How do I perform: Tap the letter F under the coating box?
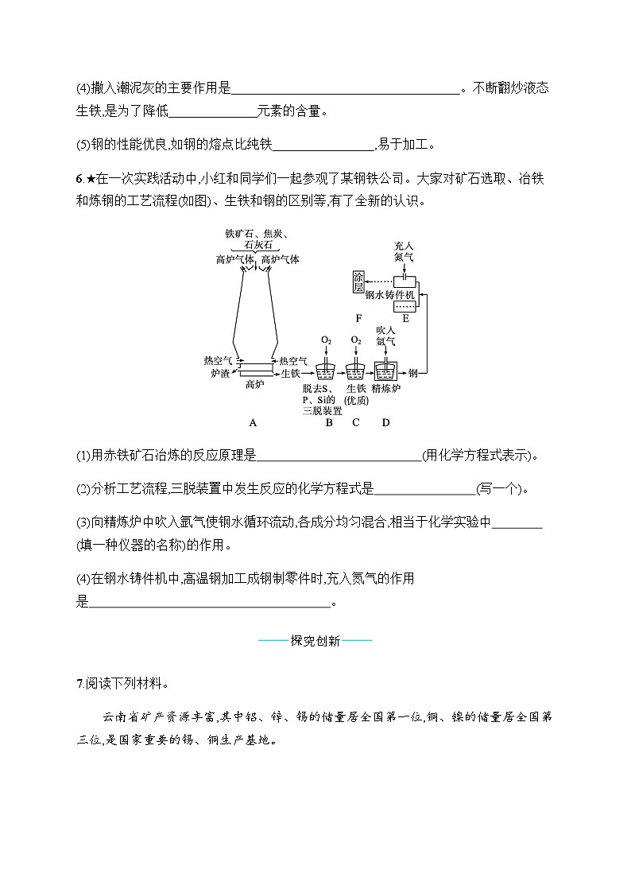tap(359, 319)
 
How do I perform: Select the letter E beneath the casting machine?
tap(405, 319)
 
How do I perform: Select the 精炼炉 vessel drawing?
tap(385, 371)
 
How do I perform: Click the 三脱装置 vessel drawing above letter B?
tap(326, 371)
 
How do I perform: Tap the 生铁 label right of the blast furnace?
tap(290, 372)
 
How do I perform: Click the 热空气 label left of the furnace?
tap(218, 360)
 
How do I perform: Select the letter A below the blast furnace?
tap(253, 422)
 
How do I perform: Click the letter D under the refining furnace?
tap(386, 422)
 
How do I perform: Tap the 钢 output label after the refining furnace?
tap(412, 371)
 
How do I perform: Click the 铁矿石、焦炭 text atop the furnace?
tap(256, 234)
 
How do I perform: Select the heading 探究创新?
tap(315, 641)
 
